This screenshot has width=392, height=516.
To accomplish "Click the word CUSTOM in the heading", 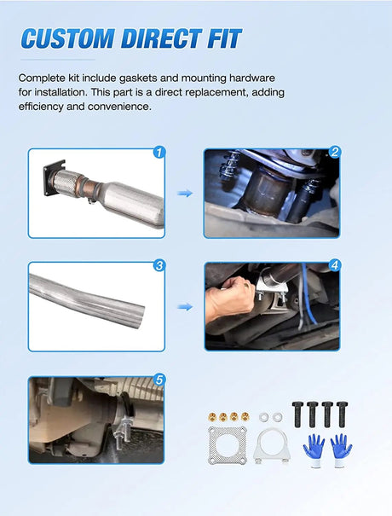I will tap(68, 38).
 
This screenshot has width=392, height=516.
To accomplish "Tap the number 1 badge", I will tap(159, 153).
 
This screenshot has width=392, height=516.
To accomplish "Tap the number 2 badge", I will tap(335, 153).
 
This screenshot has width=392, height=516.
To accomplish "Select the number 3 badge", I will tap(159, 265).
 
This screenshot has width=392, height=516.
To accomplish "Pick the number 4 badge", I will tap(335, 265).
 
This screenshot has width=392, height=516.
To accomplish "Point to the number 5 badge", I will tap(159, 380).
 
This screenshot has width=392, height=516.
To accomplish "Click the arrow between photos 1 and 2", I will tap(184, 194).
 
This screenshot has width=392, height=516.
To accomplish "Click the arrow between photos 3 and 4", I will tap(184, 306).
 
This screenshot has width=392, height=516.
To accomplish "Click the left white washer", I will tap(262, 416).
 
